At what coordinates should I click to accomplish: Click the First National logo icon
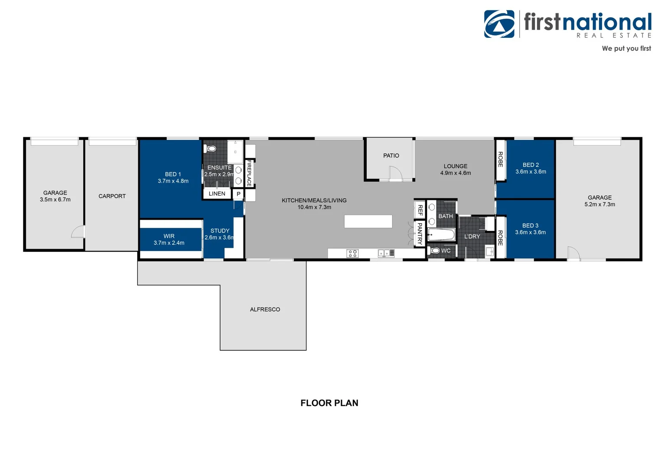pyautogui.click(x=499, y=24)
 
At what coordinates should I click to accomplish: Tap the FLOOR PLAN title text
pyautogui.click(x=329, y=403)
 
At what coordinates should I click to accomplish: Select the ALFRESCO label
pyautogui.click(x=265, y=309)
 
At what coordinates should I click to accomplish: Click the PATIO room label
pyautogui.click(x=391, y=155)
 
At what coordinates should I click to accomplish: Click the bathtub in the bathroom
pyautogui.click(x=442, y=235)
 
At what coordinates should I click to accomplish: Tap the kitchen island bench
pyautogui.click(x=368, y=221)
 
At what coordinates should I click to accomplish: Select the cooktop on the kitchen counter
pyautogui.click(x=352, y=253)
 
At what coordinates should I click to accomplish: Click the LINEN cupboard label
pyautogui.click(x=217, y=194)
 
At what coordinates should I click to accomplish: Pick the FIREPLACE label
pyautogui.click(x=249, y=173)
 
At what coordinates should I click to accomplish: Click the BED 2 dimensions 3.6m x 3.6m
pyautogui.click(x=531, y=172)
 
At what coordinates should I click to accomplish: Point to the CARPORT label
pyautogui.click(x=112, y=196)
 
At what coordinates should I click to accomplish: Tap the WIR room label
pyautogui.click(x=169, y=236)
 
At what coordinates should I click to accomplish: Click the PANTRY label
pyautogui.click(x=420, y=234)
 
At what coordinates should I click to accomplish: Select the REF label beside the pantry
pyautogui.click(x=420, y=210)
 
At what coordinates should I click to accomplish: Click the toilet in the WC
pyautogui.click(x=435, y=251)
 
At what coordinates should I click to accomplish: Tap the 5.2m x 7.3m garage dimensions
pyautogui.click(x=600, y=204)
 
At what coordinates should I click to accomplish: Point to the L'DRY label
pyautogui.click(x=472, y=237)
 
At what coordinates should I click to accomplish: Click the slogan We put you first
pyautogui.click(x=626, y=48)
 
